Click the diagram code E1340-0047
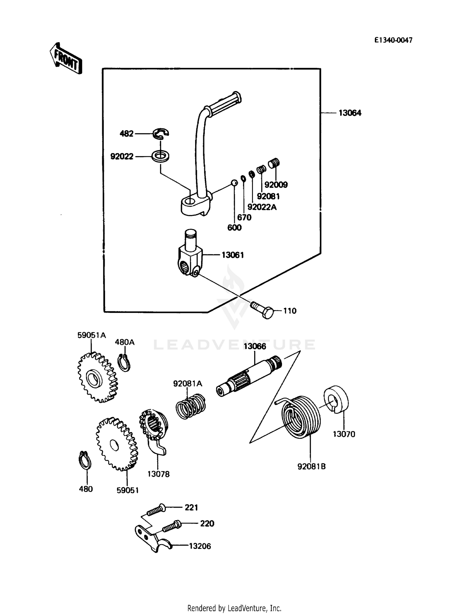[393, 40]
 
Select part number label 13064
[350, 113]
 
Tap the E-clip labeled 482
[161, 134]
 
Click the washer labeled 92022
[160, 156]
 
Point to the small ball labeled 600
[234, 182]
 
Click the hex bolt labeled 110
[262, 310]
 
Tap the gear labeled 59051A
[97, 378]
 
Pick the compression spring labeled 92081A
[190, 406]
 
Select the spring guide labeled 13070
[336, 400]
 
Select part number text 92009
[276, 185]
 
